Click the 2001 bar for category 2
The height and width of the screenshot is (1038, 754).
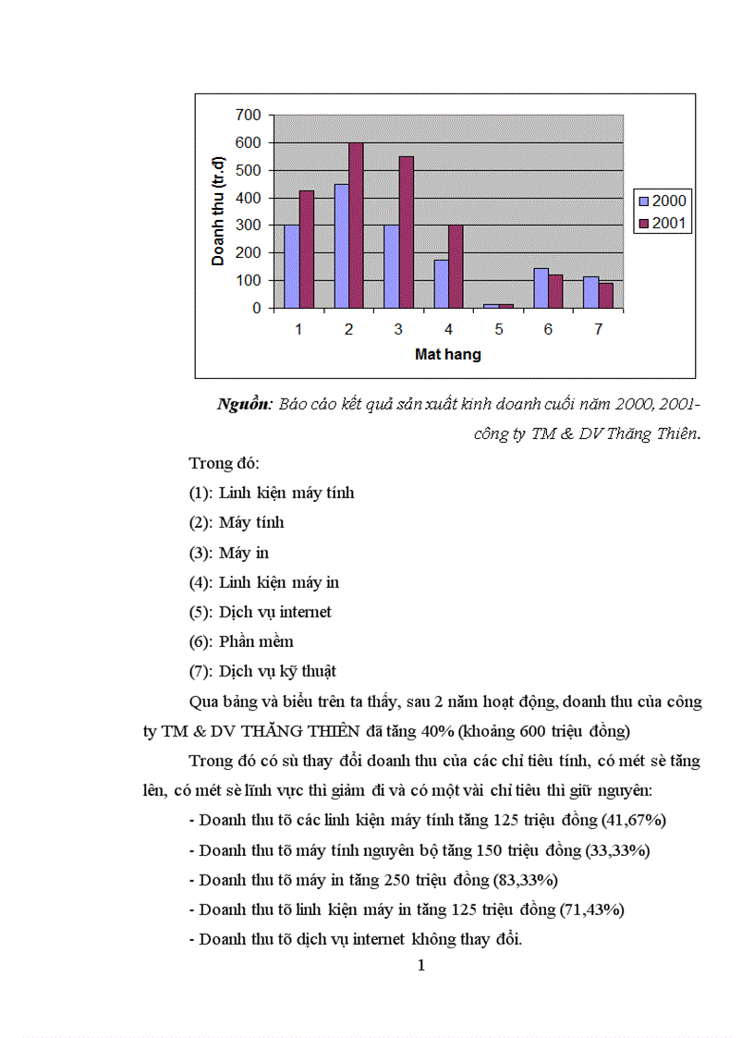tap(356, 226)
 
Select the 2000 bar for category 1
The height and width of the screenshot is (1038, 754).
tap(291, 266)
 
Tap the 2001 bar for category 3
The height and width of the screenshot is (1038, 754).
tap(406, 232)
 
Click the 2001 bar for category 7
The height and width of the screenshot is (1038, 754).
tap(605, 296)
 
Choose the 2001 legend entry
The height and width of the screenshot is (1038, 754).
tap(663, 223)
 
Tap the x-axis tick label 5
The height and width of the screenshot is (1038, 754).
tap(498, 329)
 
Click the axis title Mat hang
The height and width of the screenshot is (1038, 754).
tap(447, 354)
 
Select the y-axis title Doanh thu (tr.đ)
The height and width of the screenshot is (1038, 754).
tap(218, 211)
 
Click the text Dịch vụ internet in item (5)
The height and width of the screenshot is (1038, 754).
tap(275, 612)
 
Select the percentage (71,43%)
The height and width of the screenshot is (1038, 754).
tap(592, 910)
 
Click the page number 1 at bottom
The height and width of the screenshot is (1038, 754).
tap(421, 967)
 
